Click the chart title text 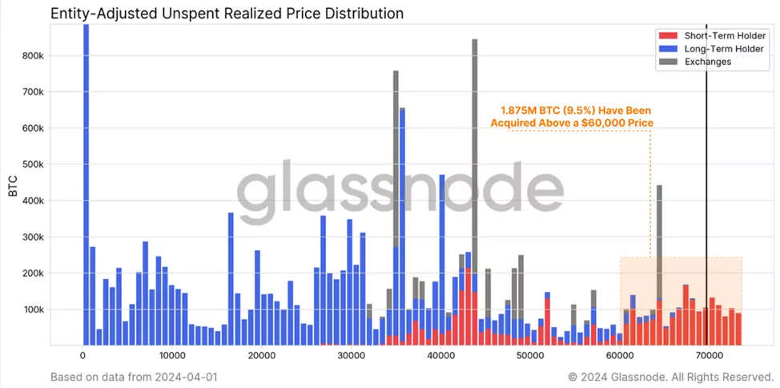227,14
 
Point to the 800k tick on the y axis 38,55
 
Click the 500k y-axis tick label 38,164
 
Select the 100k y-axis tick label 38,309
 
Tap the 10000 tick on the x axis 171,355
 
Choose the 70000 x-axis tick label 707,355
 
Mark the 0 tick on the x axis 82,355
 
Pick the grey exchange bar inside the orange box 659,240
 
